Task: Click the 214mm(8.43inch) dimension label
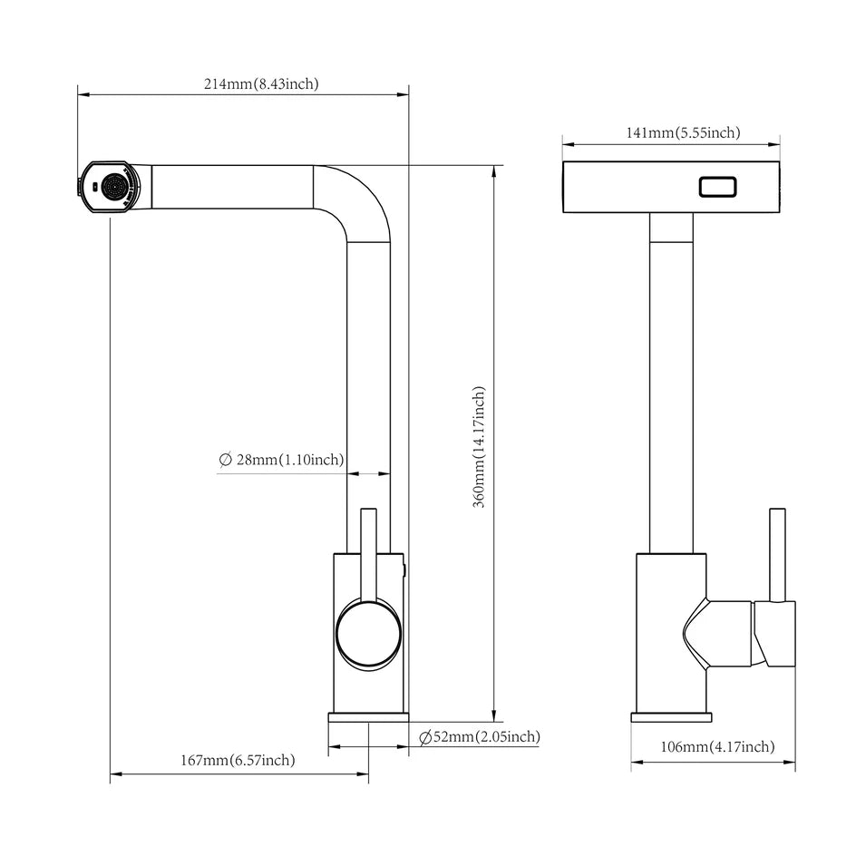coord(261,84)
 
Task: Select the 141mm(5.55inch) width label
coord(683,132)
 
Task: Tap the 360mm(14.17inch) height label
coord(479,447)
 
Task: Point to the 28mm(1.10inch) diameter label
coord(290,460)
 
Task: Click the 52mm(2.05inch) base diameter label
coord(486,737)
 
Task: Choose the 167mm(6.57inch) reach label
coord(238,760)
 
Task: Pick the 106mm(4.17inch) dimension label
coord(717,746)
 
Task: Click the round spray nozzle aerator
coord(115,187)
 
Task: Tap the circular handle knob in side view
coord(368,635)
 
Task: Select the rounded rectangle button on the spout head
coord(718,187)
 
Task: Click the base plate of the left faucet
coord(368,717)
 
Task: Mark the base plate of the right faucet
coord(672,717)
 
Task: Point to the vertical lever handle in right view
coord(777,555)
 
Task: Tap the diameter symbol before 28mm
coord(226,460)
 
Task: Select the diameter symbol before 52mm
coord(426,737)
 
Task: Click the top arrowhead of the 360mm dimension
coord(494,170)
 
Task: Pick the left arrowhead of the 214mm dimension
coord(83,94)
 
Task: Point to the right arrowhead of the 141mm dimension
coord(773,145)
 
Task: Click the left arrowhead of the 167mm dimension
coord(116,773)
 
